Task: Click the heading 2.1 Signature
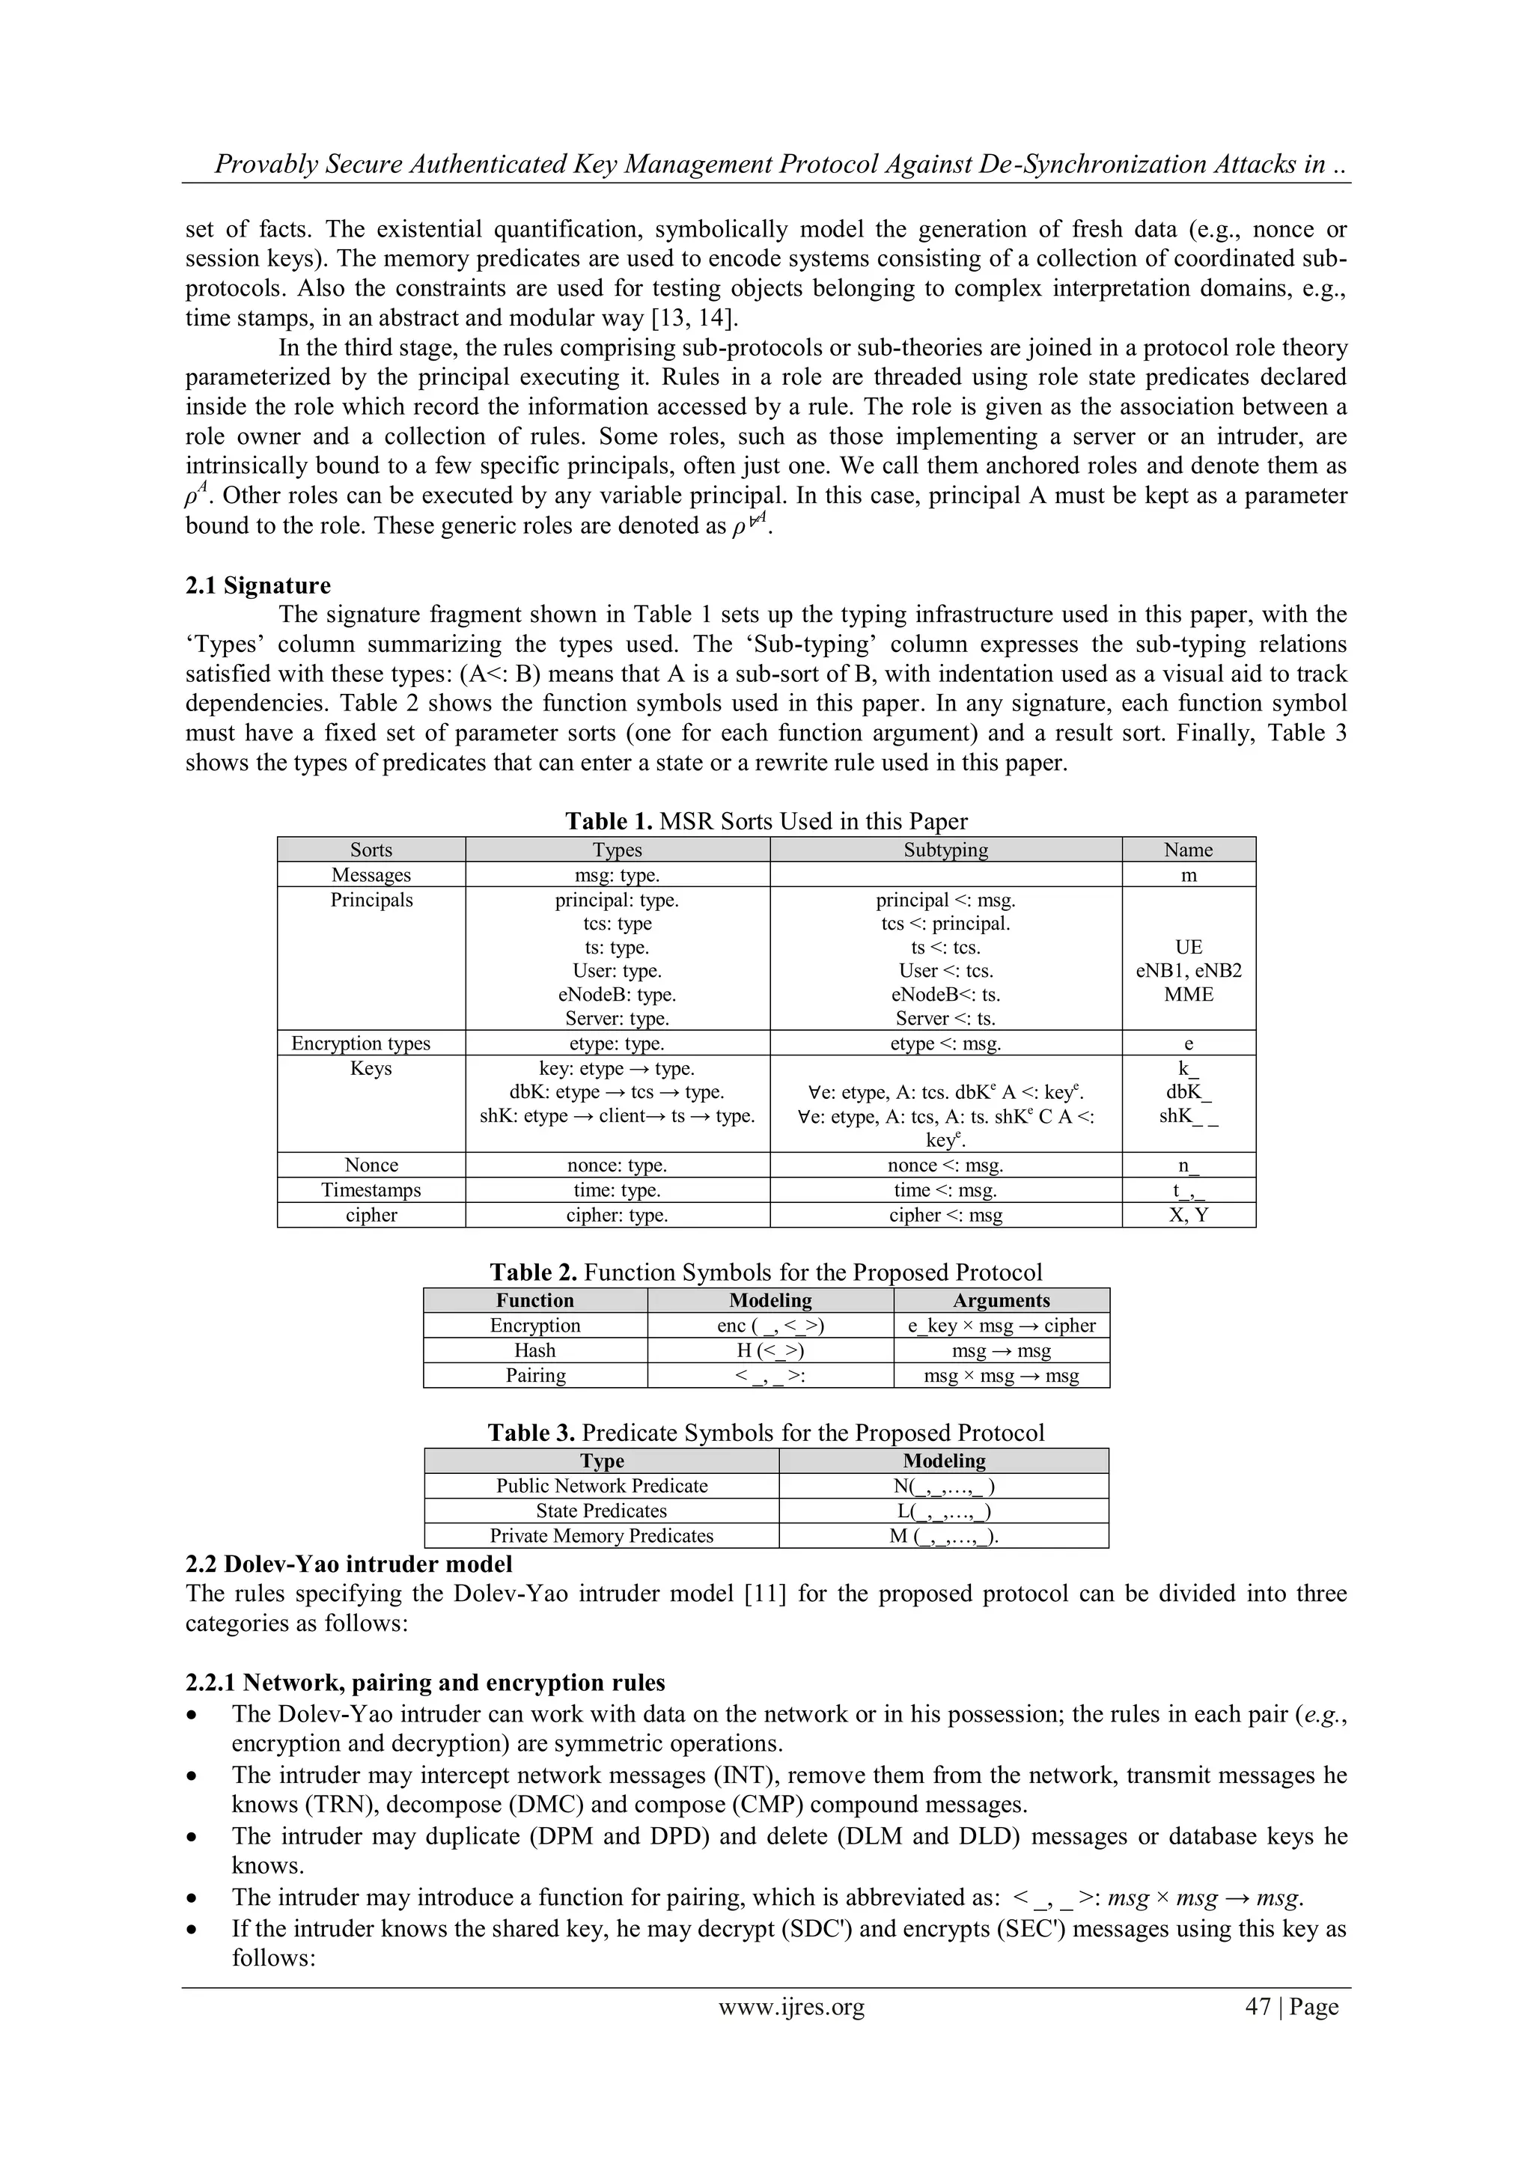(257, 585)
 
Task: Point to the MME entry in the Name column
(1189, 994)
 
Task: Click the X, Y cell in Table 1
(1189, 1215)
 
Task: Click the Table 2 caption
(766, 1273)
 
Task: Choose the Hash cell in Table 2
(534, 1350)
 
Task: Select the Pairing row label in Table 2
(534, 1375)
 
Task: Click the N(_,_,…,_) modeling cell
(943, 1486)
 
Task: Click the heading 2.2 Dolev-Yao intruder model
(348, 1564)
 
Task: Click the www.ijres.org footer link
(791, 2007)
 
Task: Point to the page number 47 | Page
(1291, 2007)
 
